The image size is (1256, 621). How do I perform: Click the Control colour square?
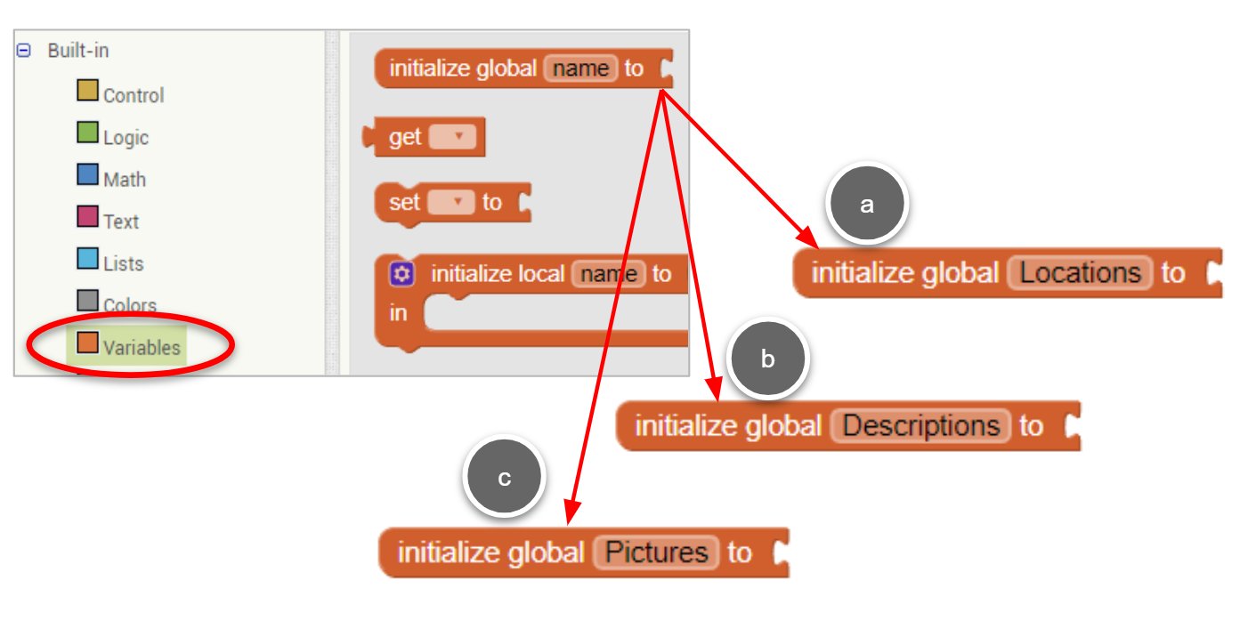(87, 90)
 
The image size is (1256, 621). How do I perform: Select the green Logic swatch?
(87, 133)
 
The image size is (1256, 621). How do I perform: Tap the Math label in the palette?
(125, 180)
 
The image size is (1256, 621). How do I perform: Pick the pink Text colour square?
(87, 216)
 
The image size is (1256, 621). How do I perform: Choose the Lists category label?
(124, 263)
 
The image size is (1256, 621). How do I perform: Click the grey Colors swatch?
(87, 301)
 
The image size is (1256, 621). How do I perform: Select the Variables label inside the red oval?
(142, 348)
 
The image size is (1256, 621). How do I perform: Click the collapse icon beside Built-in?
(23, 51)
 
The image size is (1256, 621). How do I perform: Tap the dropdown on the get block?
(452, 137)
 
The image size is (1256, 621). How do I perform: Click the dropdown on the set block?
(451, 202)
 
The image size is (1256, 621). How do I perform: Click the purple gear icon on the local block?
(401, 274)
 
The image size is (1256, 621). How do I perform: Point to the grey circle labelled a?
(867, 204)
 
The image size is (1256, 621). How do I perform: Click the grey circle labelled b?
(767, 359)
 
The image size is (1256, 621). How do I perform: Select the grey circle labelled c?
(504, 477)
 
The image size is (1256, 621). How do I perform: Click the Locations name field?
(1080, 273)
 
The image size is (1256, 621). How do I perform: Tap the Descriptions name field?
(921, 426)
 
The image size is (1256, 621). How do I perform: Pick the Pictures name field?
(656, 552)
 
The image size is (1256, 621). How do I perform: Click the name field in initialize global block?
(580, 69)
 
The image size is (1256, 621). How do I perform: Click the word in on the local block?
(398, 313)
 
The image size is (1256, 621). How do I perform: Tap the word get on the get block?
(405, 137)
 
